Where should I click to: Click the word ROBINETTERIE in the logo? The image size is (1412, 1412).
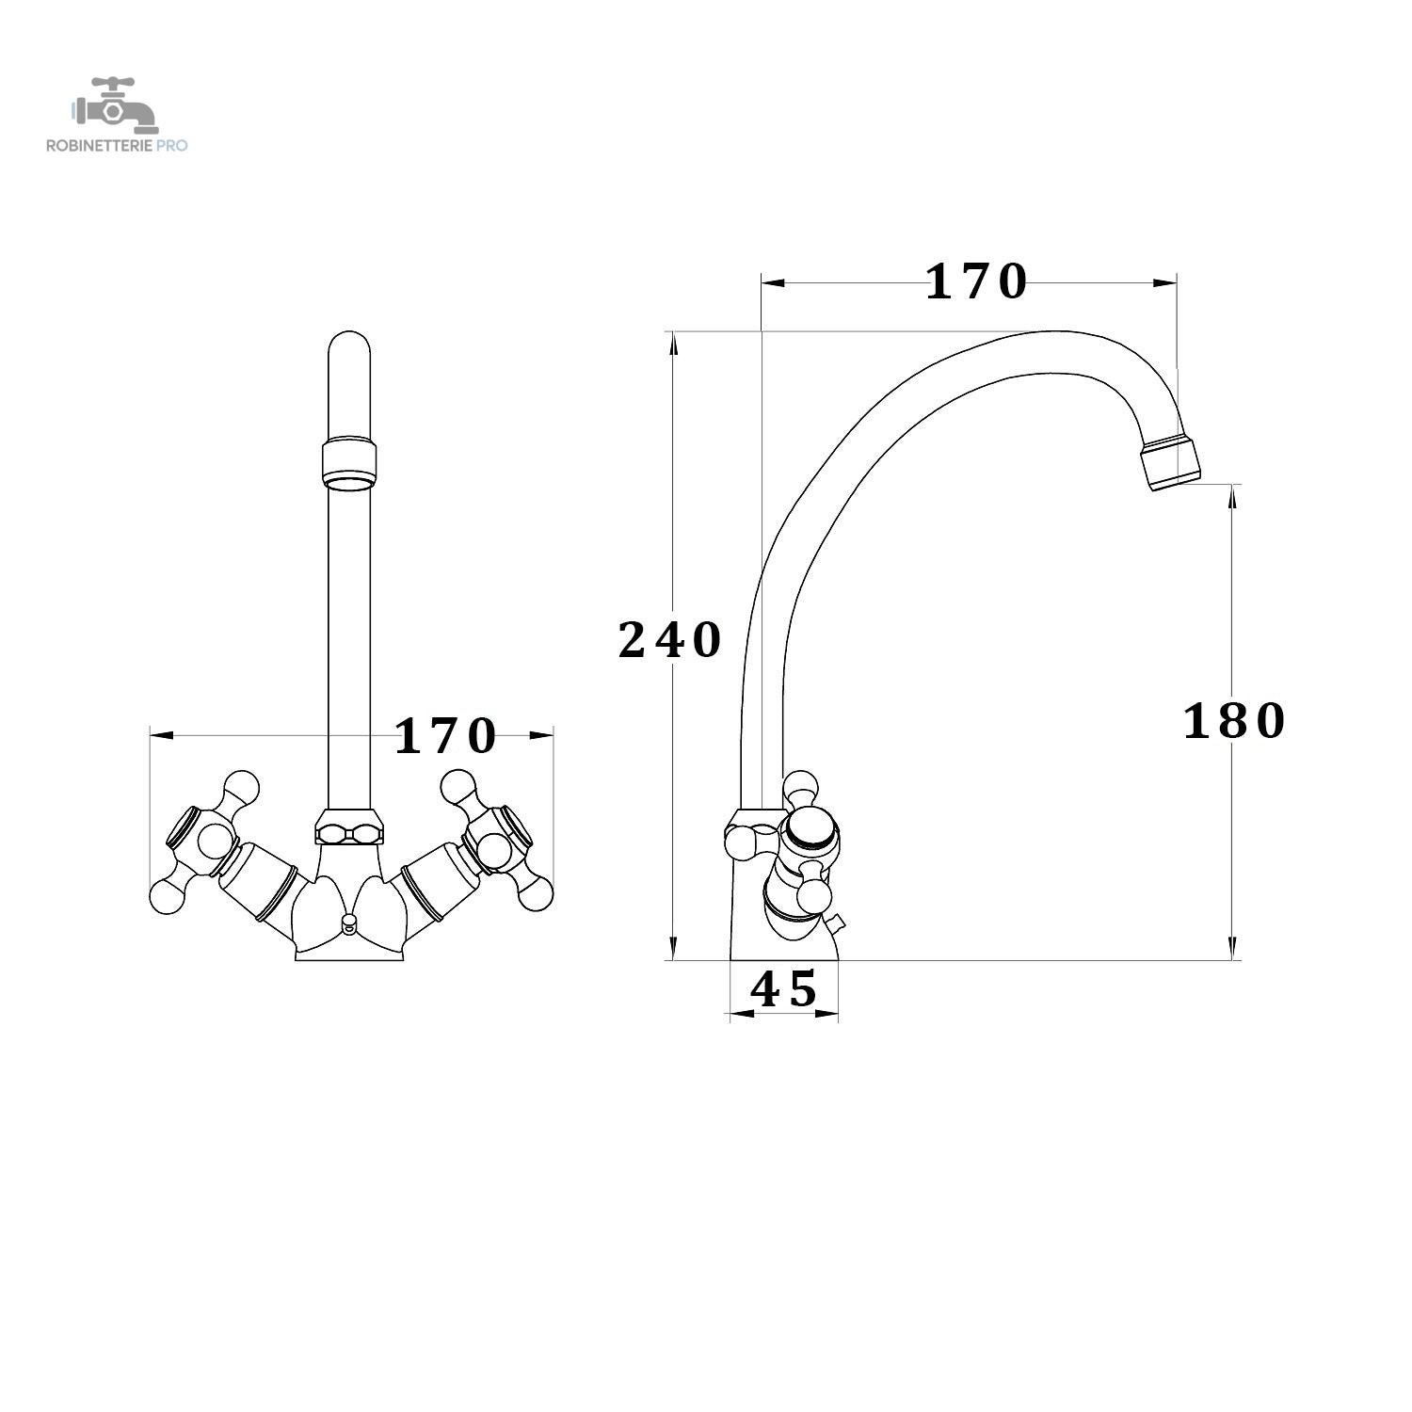100,146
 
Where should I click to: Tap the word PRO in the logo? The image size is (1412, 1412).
173,146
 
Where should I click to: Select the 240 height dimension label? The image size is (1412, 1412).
669,640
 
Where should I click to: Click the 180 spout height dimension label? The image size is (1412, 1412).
1233,722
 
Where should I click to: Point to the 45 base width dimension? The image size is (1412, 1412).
783,989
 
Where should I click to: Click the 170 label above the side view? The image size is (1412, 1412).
976,281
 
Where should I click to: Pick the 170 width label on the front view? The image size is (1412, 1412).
444,736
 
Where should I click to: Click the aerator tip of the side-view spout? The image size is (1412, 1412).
1172,464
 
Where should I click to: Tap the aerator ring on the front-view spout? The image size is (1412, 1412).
349,463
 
